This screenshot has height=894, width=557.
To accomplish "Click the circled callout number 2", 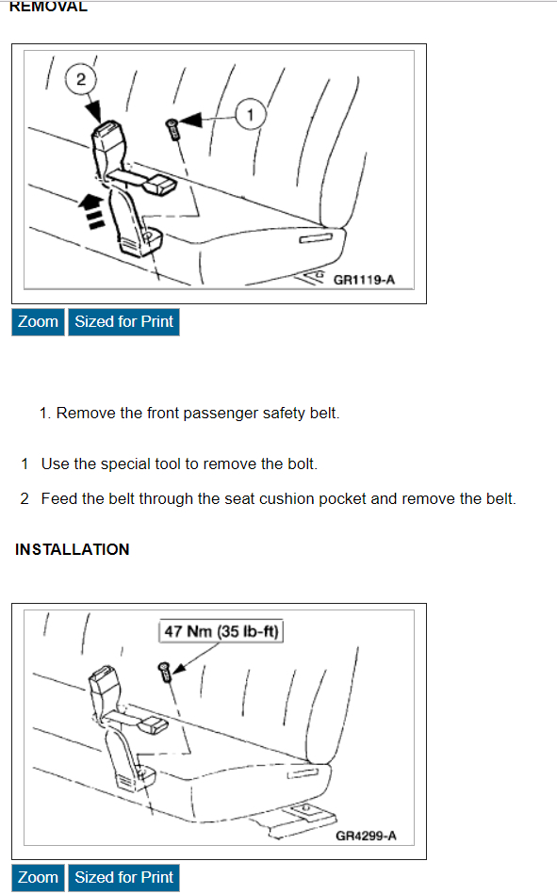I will click(x=81, y=79).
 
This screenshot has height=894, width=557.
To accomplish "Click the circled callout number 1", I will click(x=250, y=115).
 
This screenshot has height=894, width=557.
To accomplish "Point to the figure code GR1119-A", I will click(x=364, y=279).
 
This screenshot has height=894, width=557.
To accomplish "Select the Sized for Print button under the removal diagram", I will click(x=123, y=321).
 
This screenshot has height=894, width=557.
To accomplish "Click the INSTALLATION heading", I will click(x=73, y=549).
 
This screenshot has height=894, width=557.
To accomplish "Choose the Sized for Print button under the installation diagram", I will click(x=123, y=877).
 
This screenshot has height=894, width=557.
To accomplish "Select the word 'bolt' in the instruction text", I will click(x=299, y=464).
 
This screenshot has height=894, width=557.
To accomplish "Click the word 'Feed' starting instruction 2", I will click(x=58, y=498).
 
